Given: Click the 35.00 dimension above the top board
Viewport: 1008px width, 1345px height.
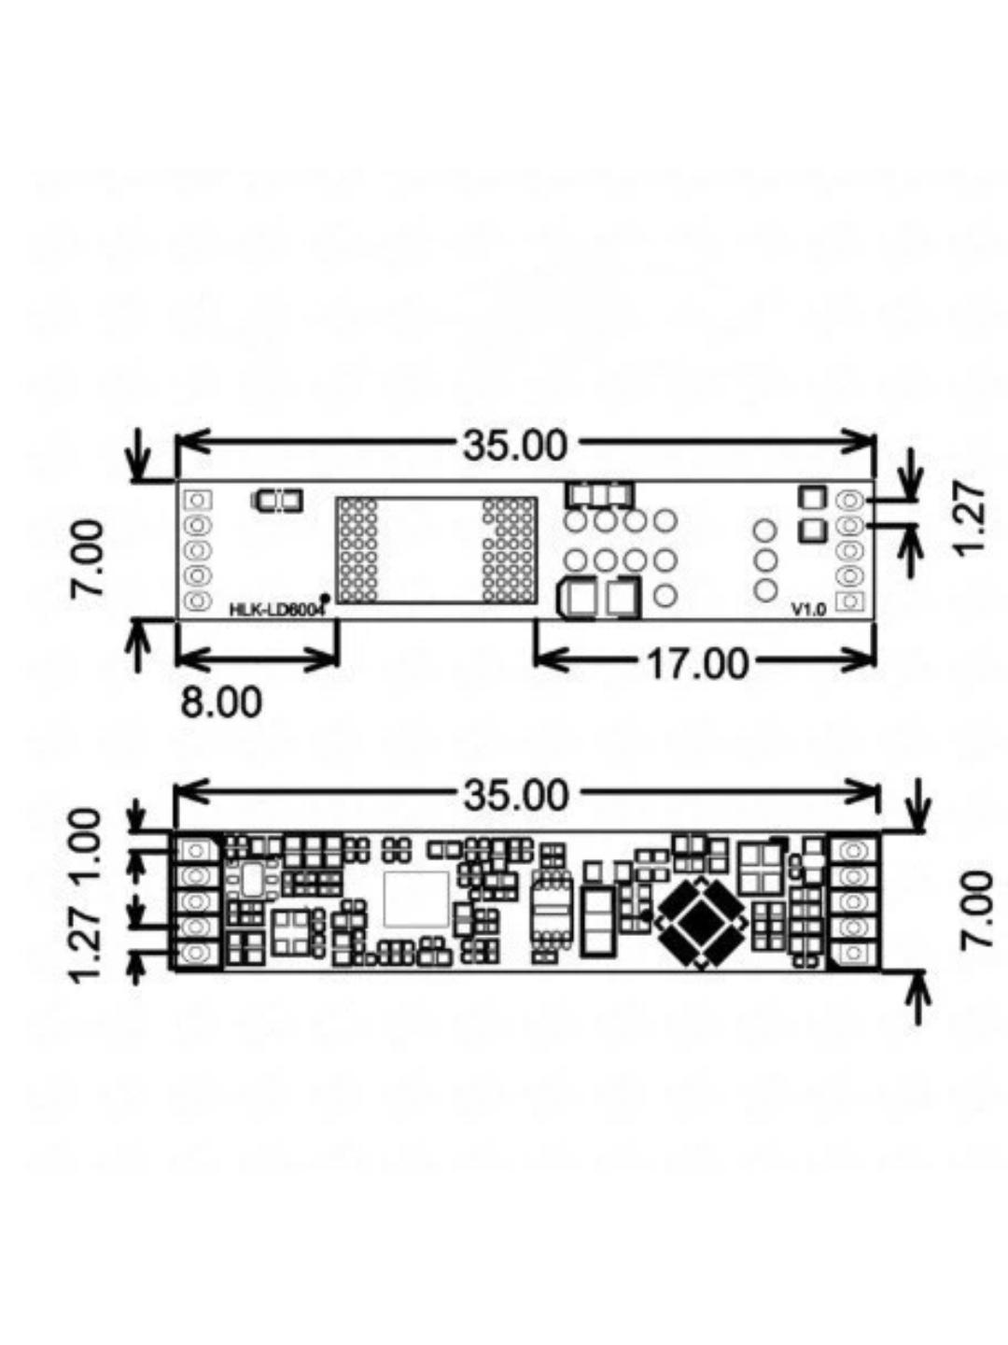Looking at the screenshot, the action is pyautogui.click(x=514, y=446).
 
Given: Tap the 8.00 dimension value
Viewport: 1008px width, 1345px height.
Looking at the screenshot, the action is pyautogui.click(x=221, y=702).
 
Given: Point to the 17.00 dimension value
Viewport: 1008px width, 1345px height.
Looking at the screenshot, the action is pyautogui.click(x=697, y=663).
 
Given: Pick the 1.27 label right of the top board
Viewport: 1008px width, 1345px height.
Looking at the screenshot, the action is pyautogui.click(x=970, y=517).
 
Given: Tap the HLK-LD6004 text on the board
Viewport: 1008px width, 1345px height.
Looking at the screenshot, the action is pyautogui.click(x=276, y=610).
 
